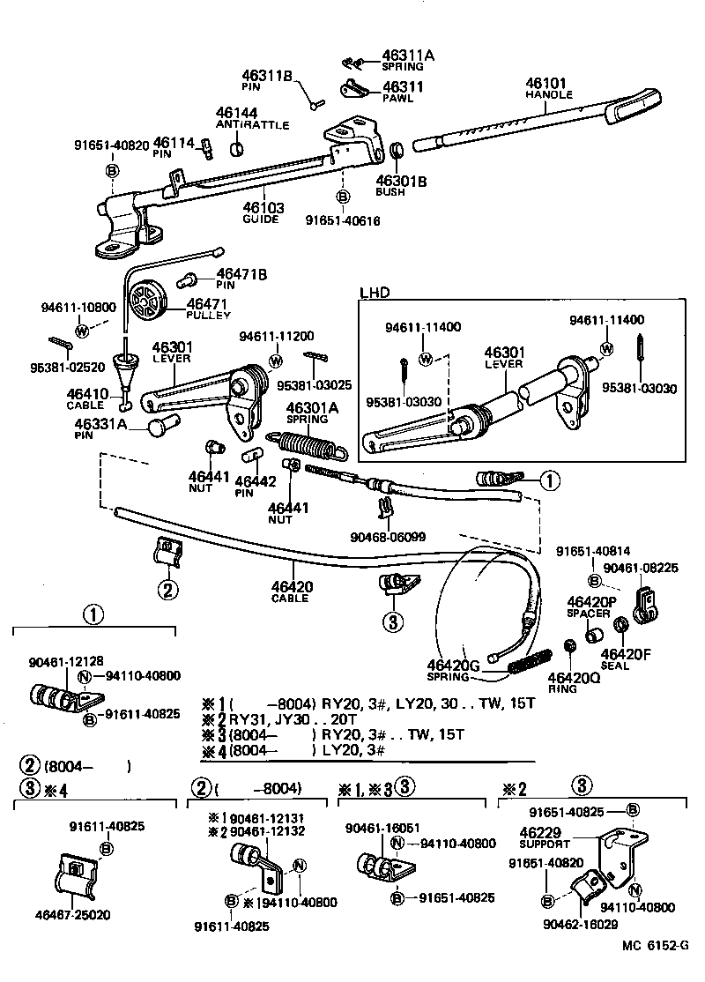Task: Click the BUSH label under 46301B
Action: pos(390,192)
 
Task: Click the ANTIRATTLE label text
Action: pos(252,125)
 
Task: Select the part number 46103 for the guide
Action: pos(263,208)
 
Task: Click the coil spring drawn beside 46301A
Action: pos(305,442)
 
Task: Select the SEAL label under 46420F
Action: pos(615,666)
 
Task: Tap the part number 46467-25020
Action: pos(74,916)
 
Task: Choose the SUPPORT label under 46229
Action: pos(543,844)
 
